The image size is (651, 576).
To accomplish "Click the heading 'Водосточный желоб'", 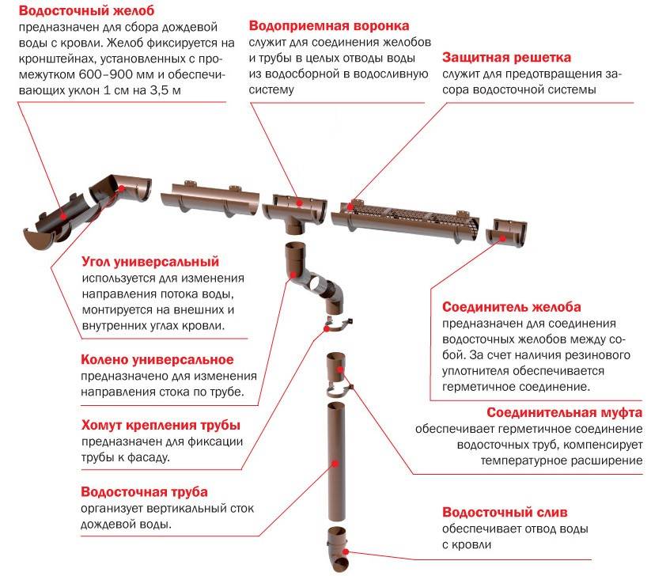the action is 86,10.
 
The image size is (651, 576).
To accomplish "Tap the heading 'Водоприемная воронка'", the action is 329,26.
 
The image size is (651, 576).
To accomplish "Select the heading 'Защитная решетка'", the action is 506,57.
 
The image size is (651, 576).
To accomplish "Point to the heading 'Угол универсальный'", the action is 150,262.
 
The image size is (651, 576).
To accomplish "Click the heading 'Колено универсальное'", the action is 157,360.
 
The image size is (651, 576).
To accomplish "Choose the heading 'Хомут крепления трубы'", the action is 161,425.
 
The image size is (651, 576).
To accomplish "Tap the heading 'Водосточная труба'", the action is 144,491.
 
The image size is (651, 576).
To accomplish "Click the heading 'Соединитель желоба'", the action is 512,307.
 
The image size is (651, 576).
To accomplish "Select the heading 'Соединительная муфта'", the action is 564,412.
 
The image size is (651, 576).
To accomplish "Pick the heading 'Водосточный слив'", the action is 505,512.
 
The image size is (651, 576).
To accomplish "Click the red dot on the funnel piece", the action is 299,203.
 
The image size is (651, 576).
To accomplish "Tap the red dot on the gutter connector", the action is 502,238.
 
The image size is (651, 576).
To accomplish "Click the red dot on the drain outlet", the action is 346,551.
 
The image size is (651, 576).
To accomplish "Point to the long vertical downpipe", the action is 336,461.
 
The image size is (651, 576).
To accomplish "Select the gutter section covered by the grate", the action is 405,222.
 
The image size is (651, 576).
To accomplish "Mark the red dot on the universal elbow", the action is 293,275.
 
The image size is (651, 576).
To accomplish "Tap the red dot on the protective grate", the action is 350,207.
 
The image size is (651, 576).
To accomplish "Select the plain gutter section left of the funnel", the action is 210,199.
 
